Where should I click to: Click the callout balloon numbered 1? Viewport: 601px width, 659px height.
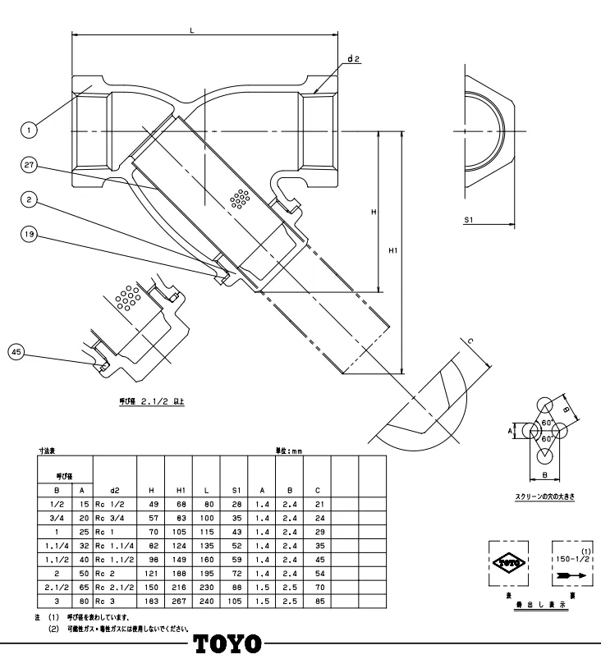point(29,129)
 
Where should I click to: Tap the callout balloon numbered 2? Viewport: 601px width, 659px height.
point(29,199)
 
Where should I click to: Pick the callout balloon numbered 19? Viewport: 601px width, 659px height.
point(29,234)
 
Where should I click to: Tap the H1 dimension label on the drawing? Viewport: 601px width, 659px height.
point(392,251)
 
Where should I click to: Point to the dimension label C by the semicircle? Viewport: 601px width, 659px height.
point(470,341)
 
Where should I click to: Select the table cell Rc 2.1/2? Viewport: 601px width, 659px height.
point(113,588)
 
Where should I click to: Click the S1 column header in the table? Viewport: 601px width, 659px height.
point(236,490)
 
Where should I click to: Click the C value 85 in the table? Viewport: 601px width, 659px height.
point(319,602)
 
